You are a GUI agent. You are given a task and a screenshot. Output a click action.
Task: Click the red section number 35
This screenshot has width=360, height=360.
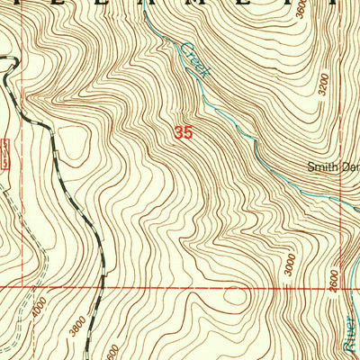(x=184, y=132)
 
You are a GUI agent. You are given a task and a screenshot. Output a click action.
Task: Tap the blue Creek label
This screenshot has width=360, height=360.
(x=194, y=59)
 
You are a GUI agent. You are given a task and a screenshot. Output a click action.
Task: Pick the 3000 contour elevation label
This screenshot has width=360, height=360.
(x=288, y=265)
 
